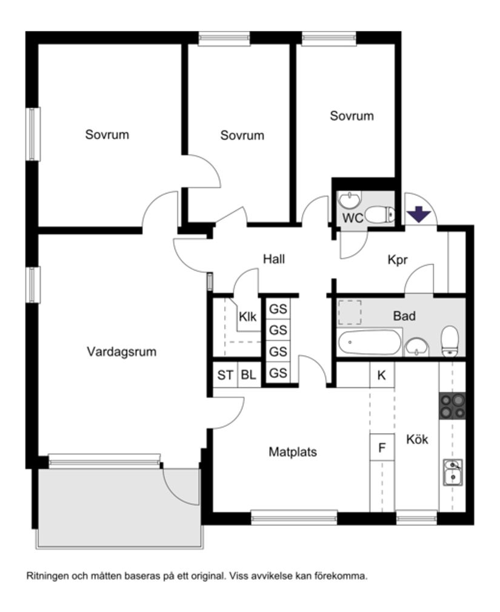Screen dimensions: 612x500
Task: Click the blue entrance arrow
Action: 418,214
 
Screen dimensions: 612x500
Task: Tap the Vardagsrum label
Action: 121,352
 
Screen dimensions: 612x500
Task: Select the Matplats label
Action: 293,452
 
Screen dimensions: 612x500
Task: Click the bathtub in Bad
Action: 369,342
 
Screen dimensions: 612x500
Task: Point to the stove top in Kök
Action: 452,406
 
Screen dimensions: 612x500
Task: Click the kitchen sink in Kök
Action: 452,472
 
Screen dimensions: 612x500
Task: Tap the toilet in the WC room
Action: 381,214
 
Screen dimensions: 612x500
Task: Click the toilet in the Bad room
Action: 450,341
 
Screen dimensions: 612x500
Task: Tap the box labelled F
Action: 382,448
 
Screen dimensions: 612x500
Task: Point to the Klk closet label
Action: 247,316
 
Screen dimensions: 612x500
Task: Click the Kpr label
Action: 398,260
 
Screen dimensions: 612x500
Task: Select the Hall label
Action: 274,259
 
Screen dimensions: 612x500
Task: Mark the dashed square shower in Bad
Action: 349,312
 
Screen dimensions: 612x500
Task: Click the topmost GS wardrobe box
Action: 278,309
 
